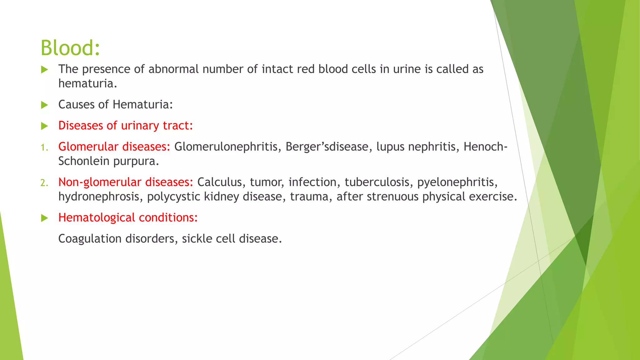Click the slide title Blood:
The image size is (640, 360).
pos(70,48)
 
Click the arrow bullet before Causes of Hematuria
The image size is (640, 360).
pos(45,105)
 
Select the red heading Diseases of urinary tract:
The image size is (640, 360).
pos(126,126)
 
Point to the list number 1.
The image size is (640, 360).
pos(44,147)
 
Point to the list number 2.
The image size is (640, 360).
pos(44,182)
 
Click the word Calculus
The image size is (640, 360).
pos(219,182)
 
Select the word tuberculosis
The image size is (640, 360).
pos(377,182)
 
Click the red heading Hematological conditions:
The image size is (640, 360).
pos(128,217)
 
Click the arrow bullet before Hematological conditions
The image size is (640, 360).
pos(45,218)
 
